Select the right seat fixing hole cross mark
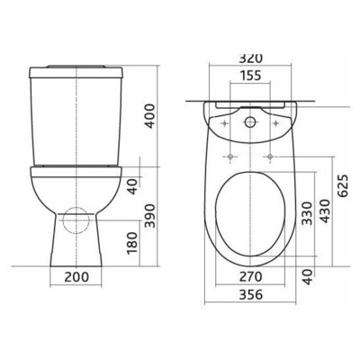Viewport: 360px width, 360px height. [x=270, y=154]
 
